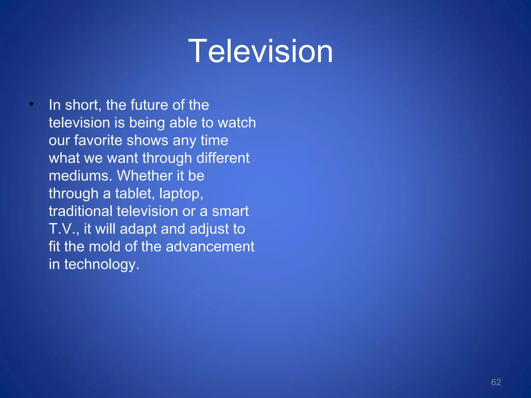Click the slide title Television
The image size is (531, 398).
261,51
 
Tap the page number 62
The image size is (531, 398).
496,382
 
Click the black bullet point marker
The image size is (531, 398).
31,104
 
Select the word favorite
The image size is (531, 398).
98,140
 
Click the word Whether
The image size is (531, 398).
144,176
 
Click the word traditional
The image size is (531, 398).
81,211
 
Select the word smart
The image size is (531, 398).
230,211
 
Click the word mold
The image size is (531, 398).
104,247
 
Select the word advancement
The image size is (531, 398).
210,247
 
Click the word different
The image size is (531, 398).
223,158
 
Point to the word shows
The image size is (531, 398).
147,140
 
